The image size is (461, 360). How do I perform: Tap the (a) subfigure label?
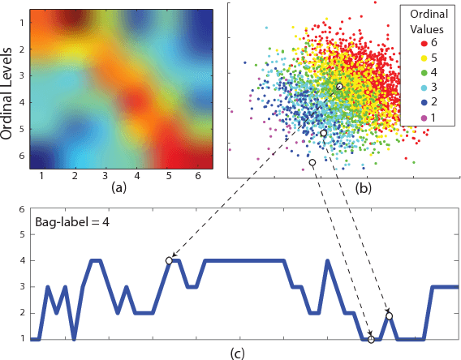click(118, 189)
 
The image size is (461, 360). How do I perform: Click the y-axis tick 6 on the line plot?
click(21, 208)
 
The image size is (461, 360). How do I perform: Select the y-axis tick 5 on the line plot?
click(21, 234)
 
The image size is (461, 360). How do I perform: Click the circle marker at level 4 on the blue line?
click(169, 260)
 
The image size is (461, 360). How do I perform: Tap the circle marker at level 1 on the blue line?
click(371, 339)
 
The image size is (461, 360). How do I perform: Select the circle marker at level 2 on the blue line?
click(390, 315)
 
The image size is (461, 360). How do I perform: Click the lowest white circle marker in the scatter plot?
click(312, 163)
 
